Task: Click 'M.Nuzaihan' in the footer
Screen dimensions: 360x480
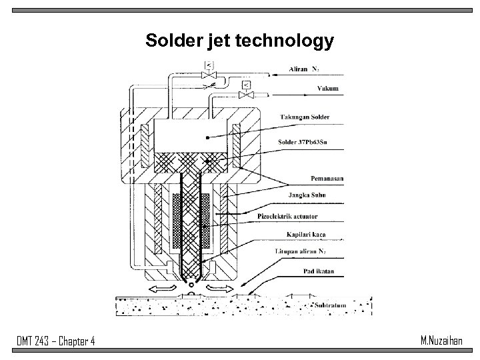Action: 443,341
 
